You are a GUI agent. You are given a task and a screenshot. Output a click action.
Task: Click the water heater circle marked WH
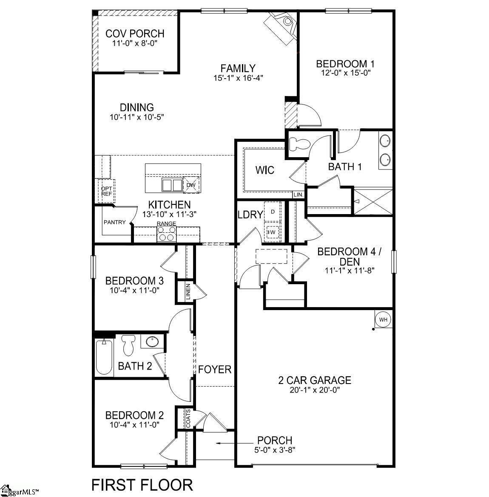383,319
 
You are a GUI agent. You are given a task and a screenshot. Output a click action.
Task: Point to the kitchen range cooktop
167,233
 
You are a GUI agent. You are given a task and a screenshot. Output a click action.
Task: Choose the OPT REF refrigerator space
106,191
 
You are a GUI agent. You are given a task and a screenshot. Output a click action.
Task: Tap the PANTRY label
115,222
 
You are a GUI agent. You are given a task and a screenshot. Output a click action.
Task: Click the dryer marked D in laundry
273,212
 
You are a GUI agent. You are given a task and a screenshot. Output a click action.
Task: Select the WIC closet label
264,170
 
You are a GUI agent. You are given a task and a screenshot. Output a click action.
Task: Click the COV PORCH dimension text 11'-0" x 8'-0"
135,43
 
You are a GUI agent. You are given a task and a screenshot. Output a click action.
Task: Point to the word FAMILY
238,68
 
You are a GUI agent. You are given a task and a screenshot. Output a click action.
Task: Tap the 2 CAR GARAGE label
315,380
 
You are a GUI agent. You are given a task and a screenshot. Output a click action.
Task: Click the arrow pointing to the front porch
225,443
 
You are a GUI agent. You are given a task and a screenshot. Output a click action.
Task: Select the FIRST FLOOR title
142,484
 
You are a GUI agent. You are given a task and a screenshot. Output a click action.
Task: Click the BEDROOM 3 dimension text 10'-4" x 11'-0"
135,291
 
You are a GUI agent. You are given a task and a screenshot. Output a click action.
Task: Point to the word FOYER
215,370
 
